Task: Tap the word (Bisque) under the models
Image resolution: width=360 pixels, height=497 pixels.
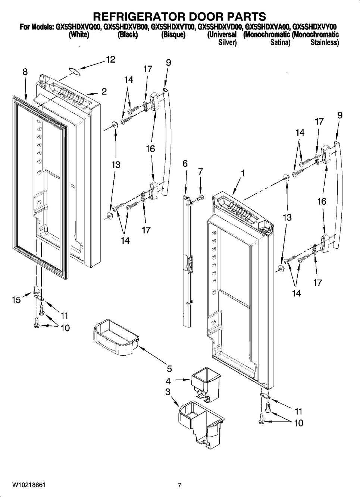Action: pyautogui.click(x=173, y=35)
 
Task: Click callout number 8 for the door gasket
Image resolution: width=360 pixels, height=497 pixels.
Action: pyautogui.click(x=25, y=72)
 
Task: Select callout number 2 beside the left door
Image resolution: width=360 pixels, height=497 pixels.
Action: pyautogui.click(x=104, y=91)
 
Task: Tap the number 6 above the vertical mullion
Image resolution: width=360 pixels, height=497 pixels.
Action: pyautogui.click(x=185, y=164)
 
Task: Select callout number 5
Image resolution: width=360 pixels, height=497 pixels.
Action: pyautogui.click(x=169, y=369)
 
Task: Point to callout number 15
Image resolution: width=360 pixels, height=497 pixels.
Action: pyautogui.click(x=16, y=300)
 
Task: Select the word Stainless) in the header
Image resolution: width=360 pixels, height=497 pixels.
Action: pyautogui.click(x=325, y=43)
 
